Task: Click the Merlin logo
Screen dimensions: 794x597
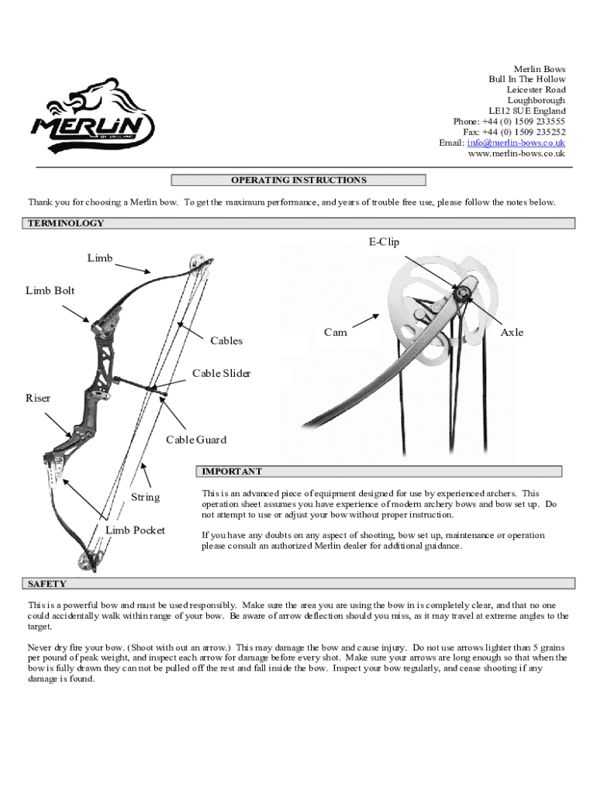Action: point(91,116)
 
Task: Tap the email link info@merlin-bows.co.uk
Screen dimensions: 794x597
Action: point(516,143)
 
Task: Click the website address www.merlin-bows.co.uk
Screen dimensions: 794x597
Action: point(516,154)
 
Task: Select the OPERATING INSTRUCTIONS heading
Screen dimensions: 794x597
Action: point(298,181)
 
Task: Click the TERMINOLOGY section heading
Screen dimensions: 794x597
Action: point(66,223)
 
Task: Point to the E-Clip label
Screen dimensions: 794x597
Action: point(384,242)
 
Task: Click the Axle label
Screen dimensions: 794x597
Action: point(512,332)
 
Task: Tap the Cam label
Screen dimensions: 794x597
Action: point(335,332)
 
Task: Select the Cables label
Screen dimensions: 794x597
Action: point(226,340)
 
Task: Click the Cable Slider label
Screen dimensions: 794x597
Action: point(222,374)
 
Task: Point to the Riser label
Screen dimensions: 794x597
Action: point(38,398)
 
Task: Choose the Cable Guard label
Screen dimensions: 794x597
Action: point(196,440)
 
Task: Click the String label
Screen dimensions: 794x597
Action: point(145,497)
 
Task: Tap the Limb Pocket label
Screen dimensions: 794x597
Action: point(135,530)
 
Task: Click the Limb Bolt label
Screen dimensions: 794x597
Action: point(50,290)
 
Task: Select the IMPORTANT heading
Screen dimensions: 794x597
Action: point(232,471)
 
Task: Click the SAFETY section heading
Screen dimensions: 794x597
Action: point(47,584)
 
